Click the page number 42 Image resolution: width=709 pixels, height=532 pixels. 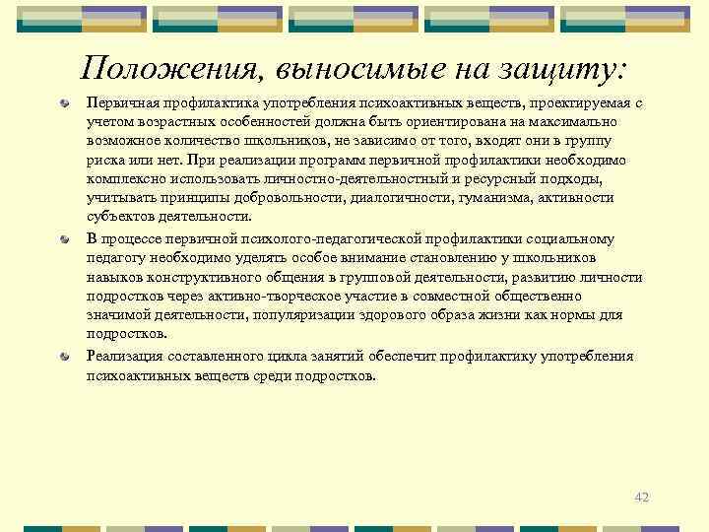coord(642,497)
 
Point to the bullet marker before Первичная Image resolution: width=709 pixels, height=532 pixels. coord(64,102)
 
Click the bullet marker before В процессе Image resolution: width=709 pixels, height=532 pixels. coord(64,239)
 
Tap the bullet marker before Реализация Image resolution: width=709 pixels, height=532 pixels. coord(64,357)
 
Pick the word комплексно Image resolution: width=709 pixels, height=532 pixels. coord(125,178)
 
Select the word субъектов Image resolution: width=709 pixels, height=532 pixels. coord(120,217)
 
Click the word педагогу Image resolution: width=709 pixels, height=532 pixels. coord(119,258)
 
